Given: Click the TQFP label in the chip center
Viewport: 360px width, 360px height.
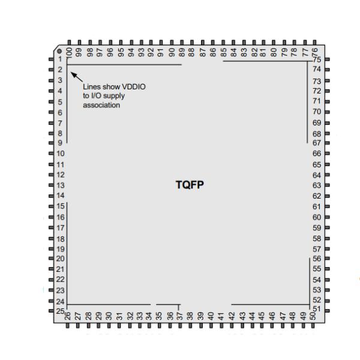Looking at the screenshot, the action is click(x=190, y=185).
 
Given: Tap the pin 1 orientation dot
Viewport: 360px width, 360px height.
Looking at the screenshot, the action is click(x=59, y=51).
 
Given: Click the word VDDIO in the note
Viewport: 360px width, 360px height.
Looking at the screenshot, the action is click(x=134, y=87).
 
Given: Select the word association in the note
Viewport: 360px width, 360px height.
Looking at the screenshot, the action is click(x=101, y=105).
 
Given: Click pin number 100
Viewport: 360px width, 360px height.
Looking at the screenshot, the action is click(x=69, y=52).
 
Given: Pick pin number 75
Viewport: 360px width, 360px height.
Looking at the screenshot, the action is click(x=317, y=59).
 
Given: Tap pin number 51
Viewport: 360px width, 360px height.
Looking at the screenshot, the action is click(x=317, y=309).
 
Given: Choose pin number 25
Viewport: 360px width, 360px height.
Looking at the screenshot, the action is click(x=61, y=311).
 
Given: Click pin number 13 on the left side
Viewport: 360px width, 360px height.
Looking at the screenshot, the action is click(x=61, y=185).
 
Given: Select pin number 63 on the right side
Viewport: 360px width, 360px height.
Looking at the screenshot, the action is click(x=317, y=185).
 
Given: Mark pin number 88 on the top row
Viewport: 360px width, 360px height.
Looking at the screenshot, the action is click(x=191, y=52).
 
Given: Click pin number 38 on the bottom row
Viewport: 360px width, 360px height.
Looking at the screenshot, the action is click(x=190, y=316).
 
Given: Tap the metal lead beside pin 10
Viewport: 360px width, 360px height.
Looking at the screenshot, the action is click(x=52, y=154).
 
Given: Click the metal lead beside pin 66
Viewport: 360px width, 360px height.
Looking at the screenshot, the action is click(x=327, y=154).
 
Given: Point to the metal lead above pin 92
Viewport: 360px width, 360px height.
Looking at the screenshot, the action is click(x=151, y=43).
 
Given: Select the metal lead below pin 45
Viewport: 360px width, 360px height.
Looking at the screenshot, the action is click(x=262, y=326).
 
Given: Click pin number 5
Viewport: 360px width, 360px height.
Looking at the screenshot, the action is click(x=60, y=102).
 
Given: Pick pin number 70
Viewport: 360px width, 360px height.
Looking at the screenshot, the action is click(x=317, y=112).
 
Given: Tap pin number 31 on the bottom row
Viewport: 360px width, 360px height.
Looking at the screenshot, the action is click(x=119, y=316).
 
